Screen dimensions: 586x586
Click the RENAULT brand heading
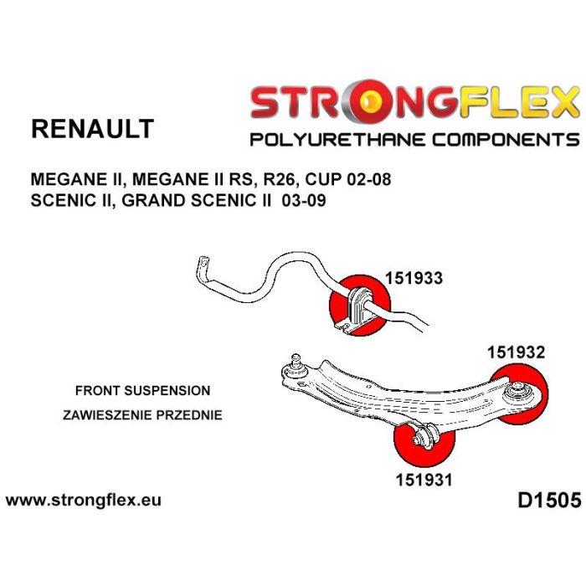[x=92, y=128]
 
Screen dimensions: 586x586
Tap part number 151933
[x=413, y=279]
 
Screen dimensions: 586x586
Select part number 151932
[x=516, y=352]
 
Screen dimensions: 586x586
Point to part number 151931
[x=424, y=480]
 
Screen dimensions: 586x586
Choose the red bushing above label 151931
[x=424, y=439]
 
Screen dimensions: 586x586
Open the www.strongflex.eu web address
[x=83, y=501]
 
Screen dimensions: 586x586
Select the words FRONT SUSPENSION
[x=142, y=391]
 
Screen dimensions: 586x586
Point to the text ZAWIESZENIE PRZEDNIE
[x=142, y=414]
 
